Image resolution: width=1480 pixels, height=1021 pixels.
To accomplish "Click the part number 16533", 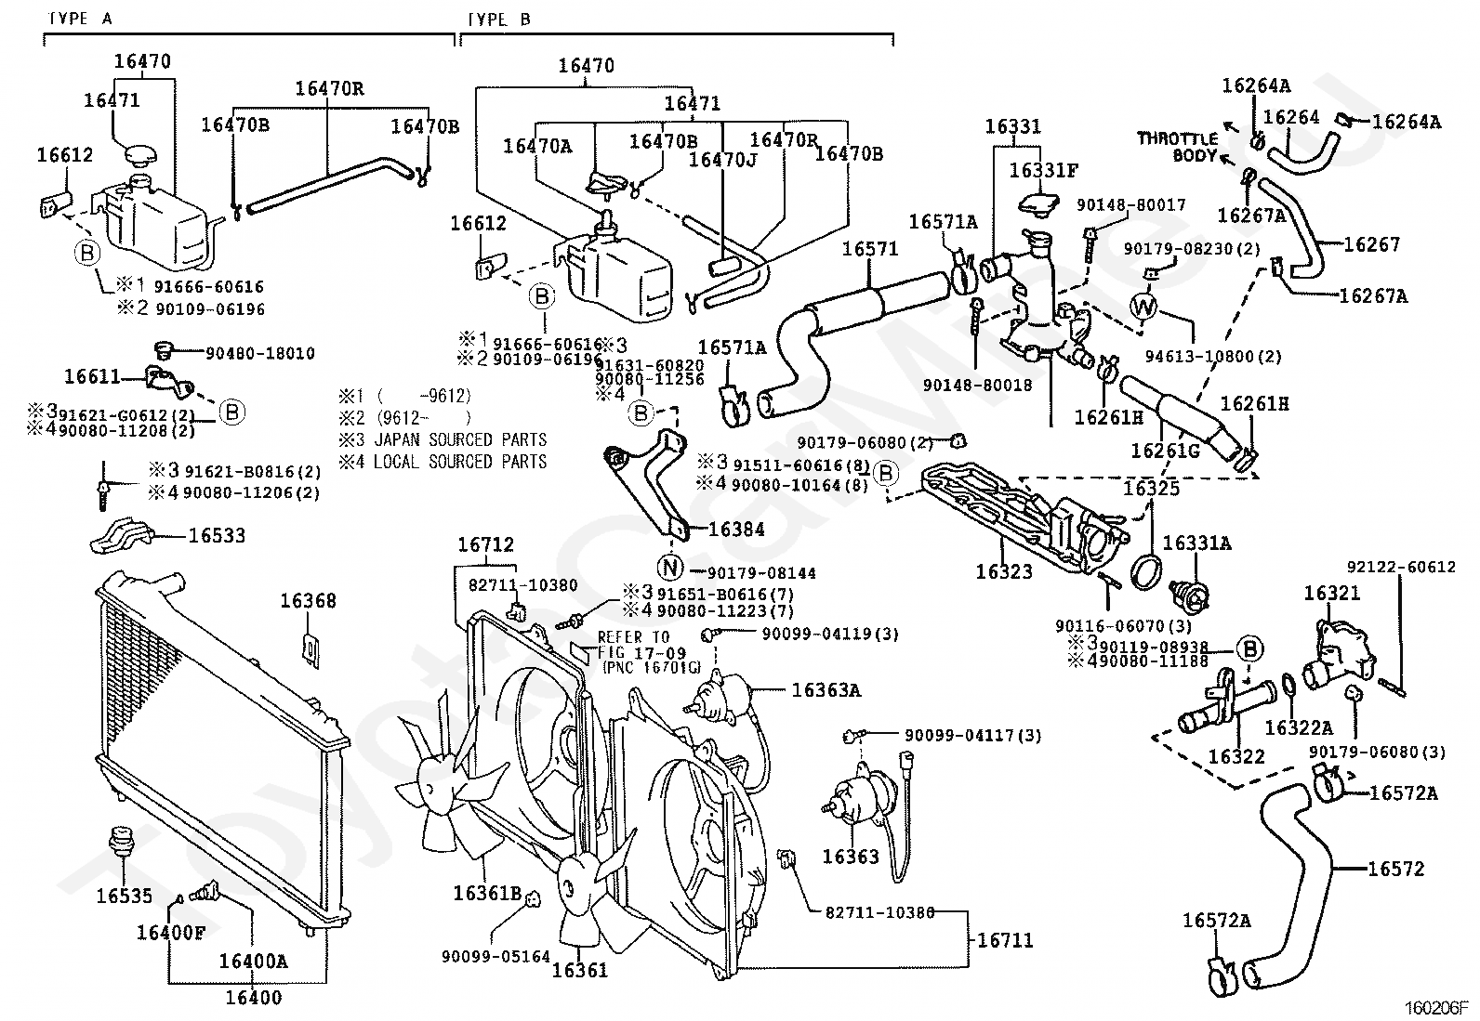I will click(217, 535).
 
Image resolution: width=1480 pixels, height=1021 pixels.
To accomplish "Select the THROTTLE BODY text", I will click(1177, 147).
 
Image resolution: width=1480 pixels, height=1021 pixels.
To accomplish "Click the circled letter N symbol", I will click(670, 567).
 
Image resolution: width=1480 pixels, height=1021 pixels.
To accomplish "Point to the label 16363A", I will click(826, 689).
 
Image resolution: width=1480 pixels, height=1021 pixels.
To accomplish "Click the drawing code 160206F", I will click(1434, 1007).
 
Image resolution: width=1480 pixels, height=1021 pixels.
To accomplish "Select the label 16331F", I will click(1044, 170).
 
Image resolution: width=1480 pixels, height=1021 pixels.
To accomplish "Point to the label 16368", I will click(308, 601).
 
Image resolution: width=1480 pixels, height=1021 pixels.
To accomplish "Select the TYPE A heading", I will click(80, 19).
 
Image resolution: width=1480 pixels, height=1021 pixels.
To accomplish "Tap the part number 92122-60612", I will click(1401, 567).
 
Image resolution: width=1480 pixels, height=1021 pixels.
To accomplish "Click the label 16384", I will click(736, 530).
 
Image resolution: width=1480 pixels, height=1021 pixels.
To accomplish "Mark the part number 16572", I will click(1395, 869).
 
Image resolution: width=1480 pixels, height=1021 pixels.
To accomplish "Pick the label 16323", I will click(1004, 571).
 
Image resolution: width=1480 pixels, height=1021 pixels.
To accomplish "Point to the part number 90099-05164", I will click(496, 956).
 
